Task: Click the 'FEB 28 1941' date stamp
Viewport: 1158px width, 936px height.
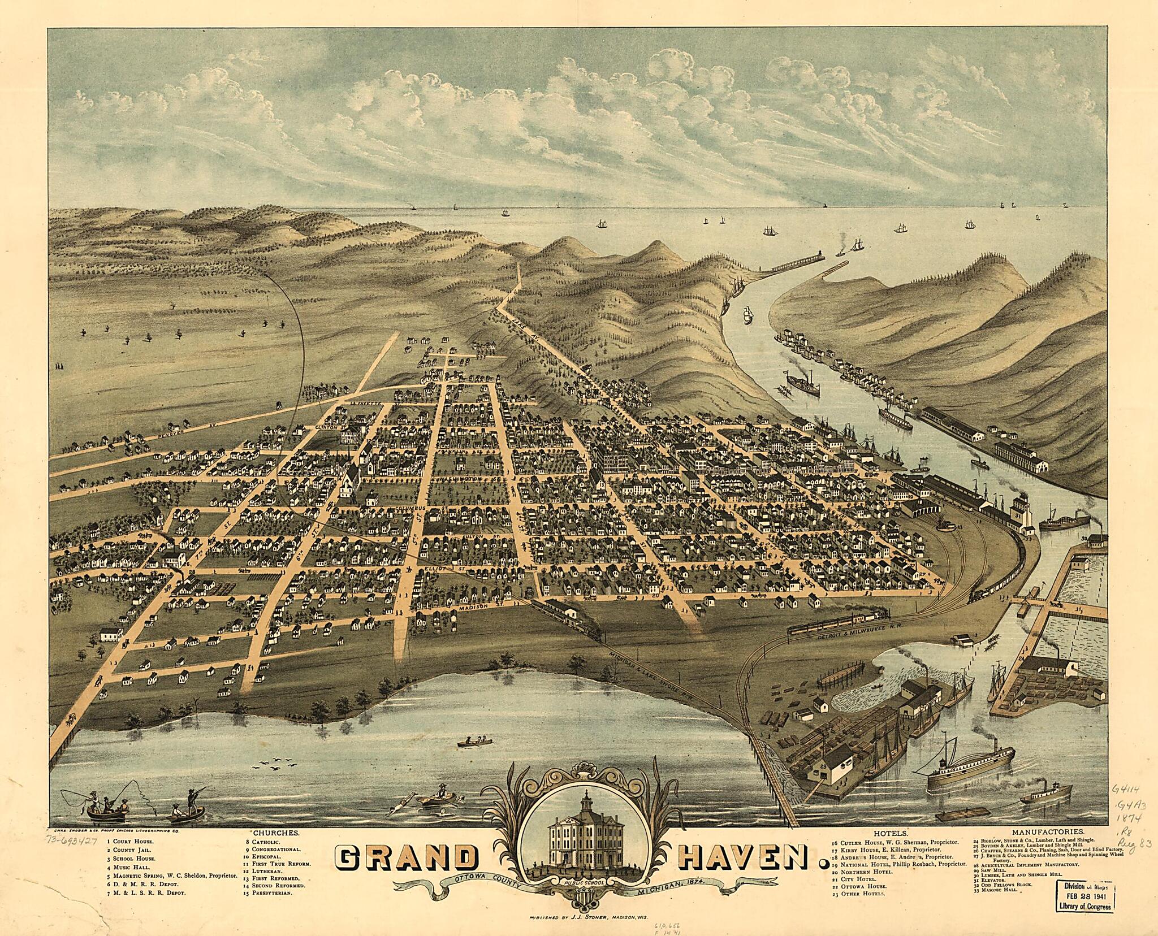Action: click(1080, 895)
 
